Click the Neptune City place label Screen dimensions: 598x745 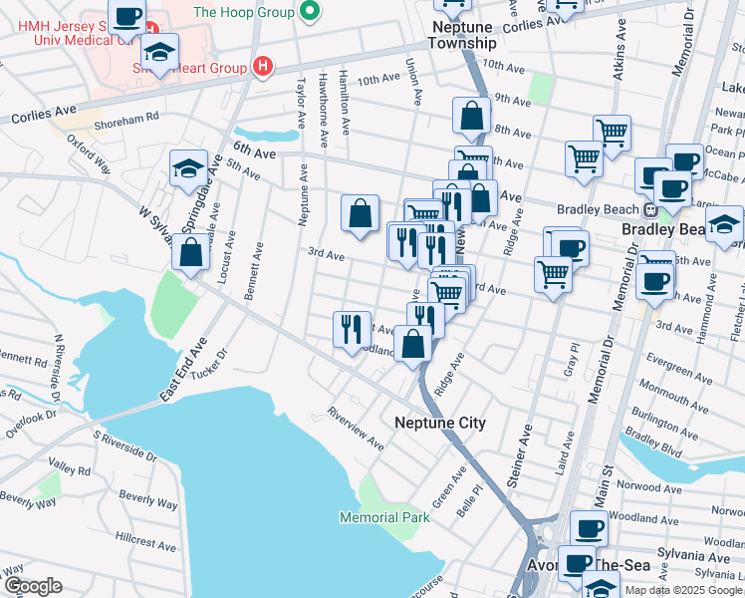click(440, 423)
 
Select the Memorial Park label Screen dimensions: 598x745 click(384, 517)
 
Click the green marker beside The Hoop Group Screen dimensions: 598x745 click(310, 12)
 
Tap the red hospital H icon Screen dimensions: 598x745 click(262, 67)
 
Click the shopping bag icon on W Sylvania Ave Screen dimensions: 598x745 click(190, 251)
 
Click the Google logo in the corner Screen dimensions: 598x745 click(32, 586)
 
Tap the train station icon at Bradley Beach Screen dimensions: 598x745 click(648, 210)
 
